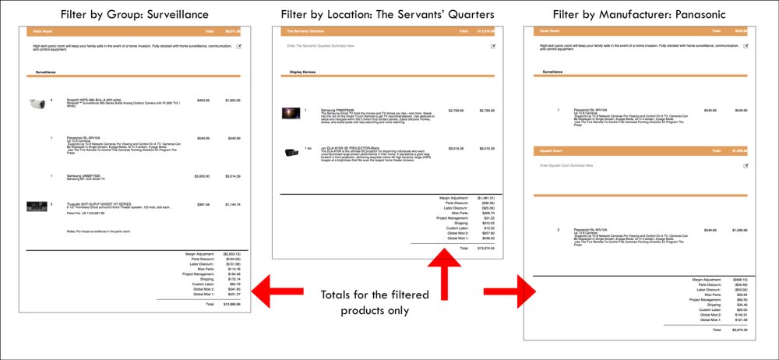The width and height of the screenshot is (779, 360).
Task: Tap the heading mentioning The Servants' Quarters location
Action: (386, 14)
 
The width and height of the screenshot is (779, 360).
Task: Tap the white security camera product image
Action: (37, 102)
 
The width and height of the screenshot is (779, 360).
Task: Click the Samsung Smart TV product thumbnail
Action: (291, 113)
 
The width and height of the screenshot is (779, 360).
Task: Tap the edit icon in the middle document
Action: (492, 46)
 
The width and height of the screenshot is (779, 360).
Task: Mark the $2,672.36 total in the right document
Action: (735, 330)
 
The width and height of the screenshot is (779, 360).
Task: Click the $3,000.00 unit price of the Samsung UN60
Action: (203, 177)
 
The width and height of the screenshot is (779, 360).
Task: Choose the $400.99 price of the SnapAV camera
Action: (203, 101)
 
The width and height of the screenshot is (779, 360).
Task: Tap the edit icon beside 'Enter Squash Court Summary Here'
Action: (745, 165)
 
